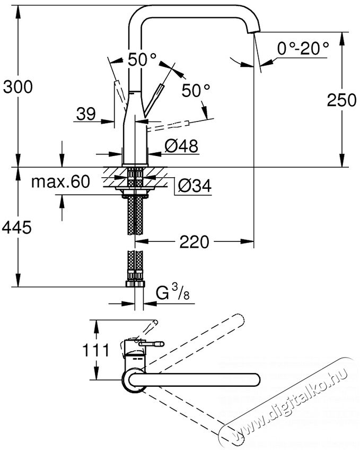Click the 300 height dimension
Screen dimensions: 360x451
point(18,86)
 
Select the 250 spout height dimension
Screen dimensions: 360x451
point(341,100)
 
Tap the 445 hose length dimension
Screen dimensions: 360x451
point(16,228)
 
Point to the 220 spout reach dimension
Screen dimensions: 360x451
point(194,241)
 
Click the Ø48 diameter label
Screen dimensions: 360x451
point(181,145)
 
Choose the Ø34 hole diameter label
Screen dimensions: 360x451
point(195,185)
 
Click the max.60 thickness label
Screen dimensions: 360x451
point(60,181)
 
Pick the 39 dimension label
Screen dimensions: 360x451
point(86,114)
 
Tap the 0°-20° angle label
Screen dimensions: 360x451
point(303,48)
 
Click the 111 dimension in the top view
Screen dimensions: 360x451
point(96,350)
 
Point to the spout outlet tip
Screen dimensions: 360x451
point(253,31)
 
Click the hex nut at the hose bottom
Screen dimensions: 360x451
point(136,284)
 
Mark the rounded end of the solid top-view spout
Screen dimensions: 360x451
point(255,379)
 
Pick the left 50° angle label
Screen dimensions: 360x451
point(142,59)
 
